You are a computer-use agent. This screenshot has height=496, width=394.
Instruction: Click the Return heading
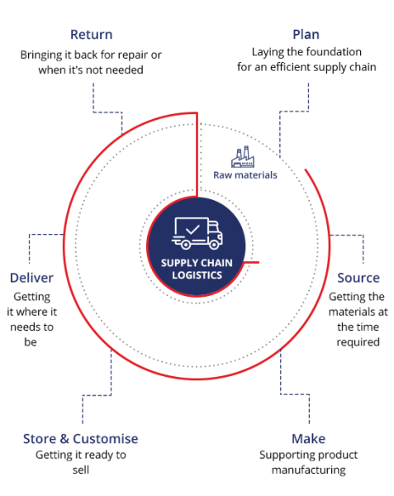click(92, 35)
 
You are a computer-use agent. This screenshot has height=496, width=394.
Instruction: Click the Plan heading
click(306, 35)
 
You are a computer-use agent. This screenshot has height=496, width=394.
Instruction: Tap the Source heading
click(358, 278)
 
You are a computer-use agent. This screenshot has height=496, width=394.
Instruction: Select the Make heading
click(308, 439)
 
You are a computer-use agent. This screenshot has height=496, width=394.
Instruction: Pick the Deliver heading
click(31, 278)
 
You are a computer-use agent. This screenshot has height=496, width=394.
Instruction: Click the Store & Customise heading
click(81, 439)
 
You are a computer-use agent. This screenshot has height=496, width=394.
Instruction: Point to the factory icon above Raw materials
click(243, 156)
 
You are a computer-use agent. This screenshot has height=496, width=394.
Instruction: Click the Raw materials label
click(245, 175)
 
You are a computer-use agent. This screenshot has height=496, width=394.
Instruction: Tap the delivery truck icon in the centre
click(197, 233)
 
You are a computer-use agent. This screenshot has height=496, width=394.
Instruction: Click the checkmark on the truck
click(192, 229)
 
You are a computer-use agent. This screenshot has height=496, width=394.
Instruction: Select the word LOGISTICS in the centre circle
click(197, 275)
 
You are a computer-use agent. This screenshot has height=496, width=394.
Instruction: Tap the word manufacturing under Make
click(309, 470)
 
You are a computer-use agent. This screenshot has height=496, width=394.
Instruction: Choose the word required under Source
click(358, 342)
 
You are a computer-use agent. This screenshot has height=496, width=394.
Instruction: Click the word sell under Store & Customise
click(81, 470)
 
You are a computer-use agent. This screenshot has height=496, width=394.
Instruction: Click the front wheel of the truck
click(215, 244)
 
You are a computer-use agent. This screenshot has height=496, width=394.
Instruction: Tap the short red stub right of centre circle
click(251, 262)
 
